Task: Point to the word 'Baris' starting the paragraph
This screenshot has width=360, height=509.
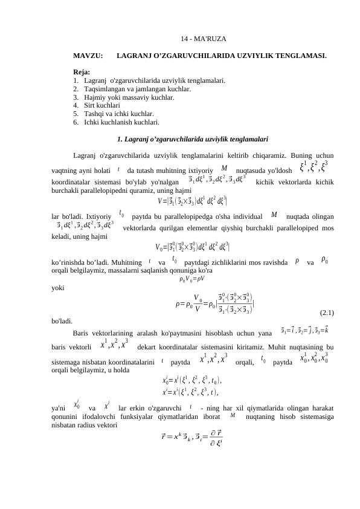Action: [x=80, y=332]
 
